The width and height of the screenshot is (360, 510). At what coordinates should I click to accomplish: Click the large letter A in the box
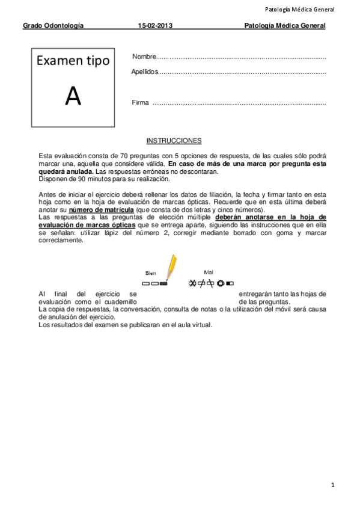[73, 96]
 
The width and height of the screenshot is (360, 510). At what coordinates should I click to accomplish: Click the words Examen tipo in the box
[73, 61]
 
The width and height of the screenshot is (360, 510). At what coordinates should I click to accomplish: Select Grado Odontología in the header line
[53, 26]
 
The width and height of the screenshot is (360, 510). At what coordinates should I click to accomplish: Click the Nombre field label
[143, 57]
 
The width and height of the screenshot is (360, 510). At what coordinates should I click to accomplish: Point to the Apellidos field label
[145, 72]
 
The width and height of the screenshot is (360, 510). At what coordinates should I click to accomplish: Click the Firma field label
[140, 103]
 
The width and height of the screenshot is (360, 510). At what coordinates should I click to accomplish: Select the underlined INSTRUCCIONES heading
[174, 141]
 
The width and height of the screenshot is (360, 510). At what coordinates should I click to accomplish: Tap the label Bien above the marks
[150, 272]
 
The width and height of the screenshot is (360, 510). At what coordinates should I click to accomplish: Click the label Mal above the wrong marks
[209, 272]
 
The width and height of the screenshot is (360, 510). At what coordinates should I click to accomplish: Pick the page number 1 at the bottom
[332, 484]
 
